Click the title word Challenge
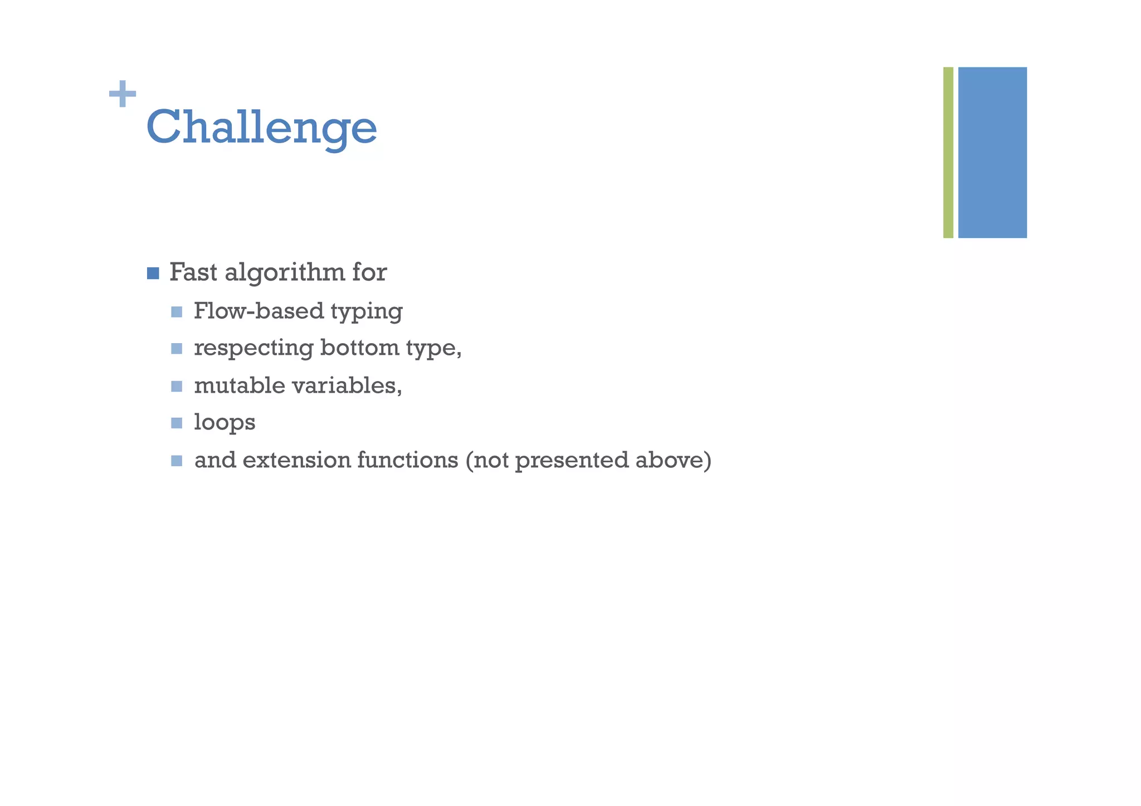pos(261,128)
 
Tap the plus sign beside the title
pos(123,94)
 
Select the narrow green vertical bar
pos(948,152)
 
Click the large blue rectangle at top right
pos(992,152)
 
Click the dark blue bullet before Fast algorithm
pos(153,273)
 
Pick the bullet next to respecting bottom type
pos(177,349)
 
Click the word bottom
pos(359,348)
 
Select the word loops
pos(225,423)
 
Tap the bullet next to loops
pos(177,423)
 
